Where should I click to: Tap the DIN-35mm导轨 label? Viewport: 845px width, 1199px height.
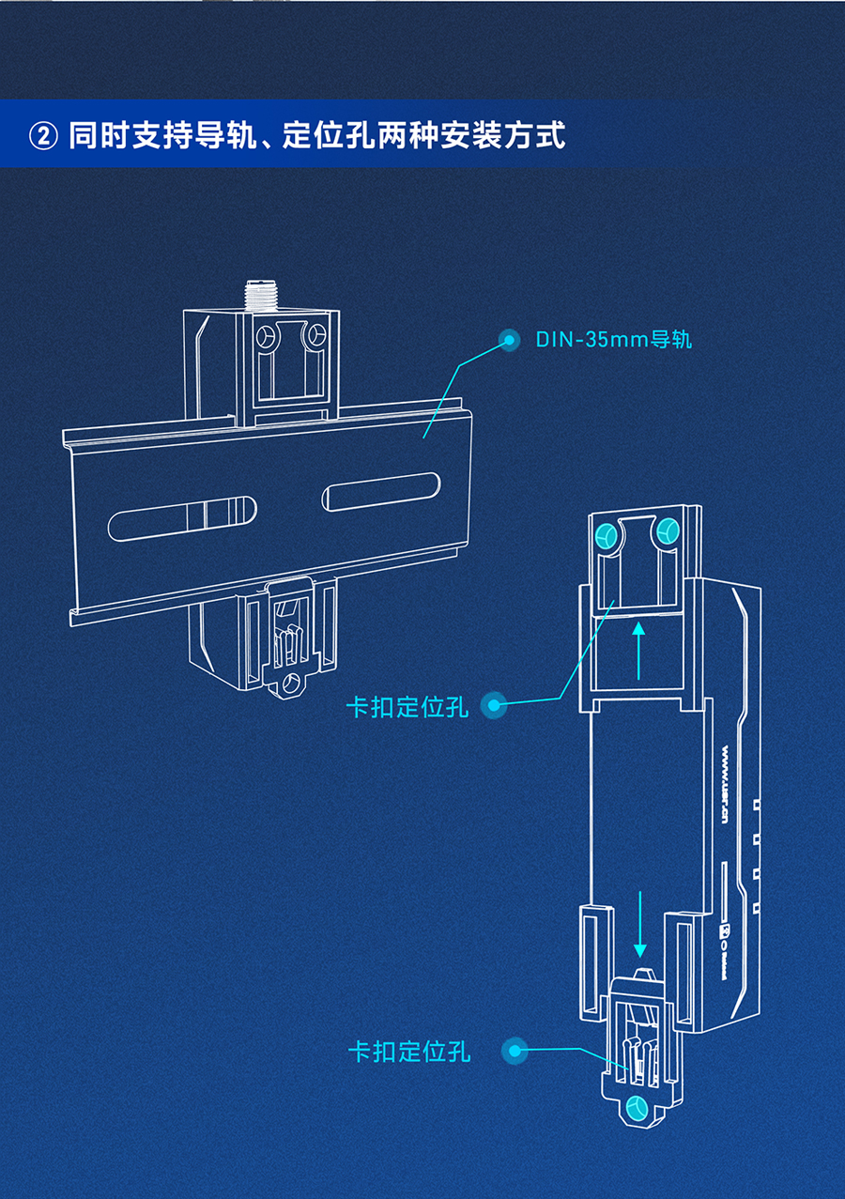(613, 339)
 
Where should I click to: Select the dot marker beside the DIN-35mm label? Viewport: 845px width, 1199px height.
(510, 340)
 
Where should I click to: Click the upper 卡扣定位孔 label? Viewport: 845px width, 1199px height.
(407, 706)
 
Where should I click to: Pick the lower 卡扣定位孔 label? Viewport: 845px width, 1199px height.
(409, 1051)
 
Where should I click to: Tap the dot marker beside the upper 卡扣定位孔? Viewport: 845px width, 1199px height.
(495, 706)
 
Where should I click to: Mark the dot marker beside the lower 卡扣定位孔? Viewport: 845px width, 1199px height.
(515, 1052)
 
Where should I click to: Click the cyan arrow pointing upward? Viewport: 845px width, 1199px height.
(638, 649)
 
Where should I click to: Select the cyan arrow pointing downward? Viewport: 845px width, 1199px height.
(640, 921)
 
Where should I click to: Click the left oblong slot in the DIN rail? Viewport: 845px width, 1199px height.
(182, 516)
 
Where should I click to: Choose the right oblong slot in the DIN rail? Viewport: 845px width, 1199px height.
(381, 491)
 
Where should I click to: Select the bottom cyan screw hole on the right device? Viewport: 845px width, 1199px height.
(638, 1108)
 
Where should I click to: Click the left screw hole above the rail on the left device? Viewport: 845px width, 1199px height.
(268, 337)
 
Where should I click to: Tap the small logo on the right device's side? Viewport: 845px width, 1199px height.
(724, 933)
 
